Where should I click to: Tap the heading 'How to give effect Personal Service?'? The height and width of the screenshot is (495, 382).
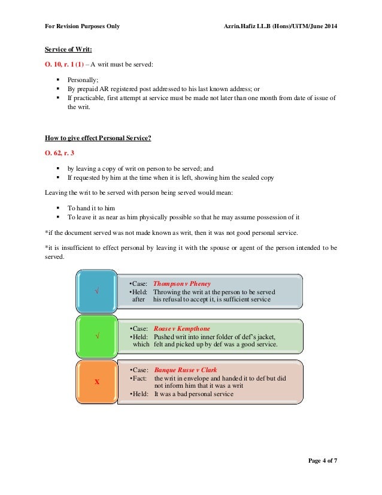(98, 138)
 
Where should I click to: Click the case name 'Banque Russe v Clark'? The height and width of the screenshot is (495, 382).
(185, 370)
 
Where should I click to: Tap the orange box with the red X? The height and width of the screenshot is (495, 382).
(97, 381)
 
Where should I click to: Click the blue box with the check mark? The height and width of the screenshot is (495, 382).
(97, 291)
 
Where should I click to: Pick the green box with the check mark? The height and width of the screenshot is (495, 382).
(97, 336)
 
